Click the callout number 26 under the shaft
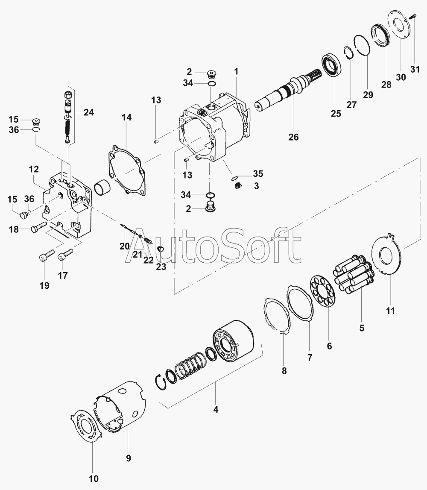click(293, 137)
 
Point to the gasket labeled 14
click(127, 170)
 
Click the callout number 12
click(34, 169)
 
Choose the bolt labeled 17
click(65, 254)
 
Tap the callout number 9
click(129, 458)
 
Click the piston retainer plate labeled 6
click(322, 291)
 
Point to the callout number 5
click(362, 328)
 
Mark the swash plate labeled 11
click(386, 255)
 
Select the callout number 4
click(216, 409)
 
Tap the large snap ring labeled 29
click(362, 45)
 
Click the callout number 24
click(89, 112)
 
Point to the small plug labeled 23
click(160, 249)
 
